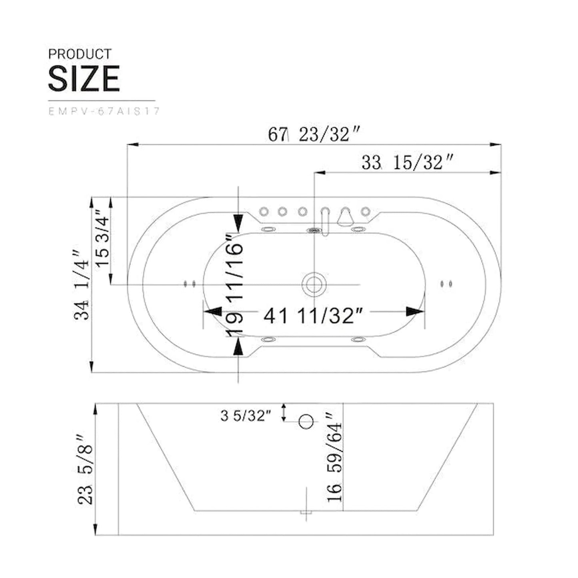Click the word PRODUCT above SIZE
[x=80, y=54]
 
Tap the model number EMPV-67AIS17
[x=104, y=111]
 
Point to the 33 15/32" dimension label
[x=408, y=163]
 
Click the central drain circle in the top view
[x=314, y=284]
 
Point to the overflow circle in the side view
[x=306, y=422]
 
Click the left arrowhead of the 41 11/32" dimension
[x=213, y=312]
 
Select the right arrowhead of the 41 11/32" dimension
[x=415, y=312]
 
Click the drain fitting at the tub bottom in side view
[x=306, y=512]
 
